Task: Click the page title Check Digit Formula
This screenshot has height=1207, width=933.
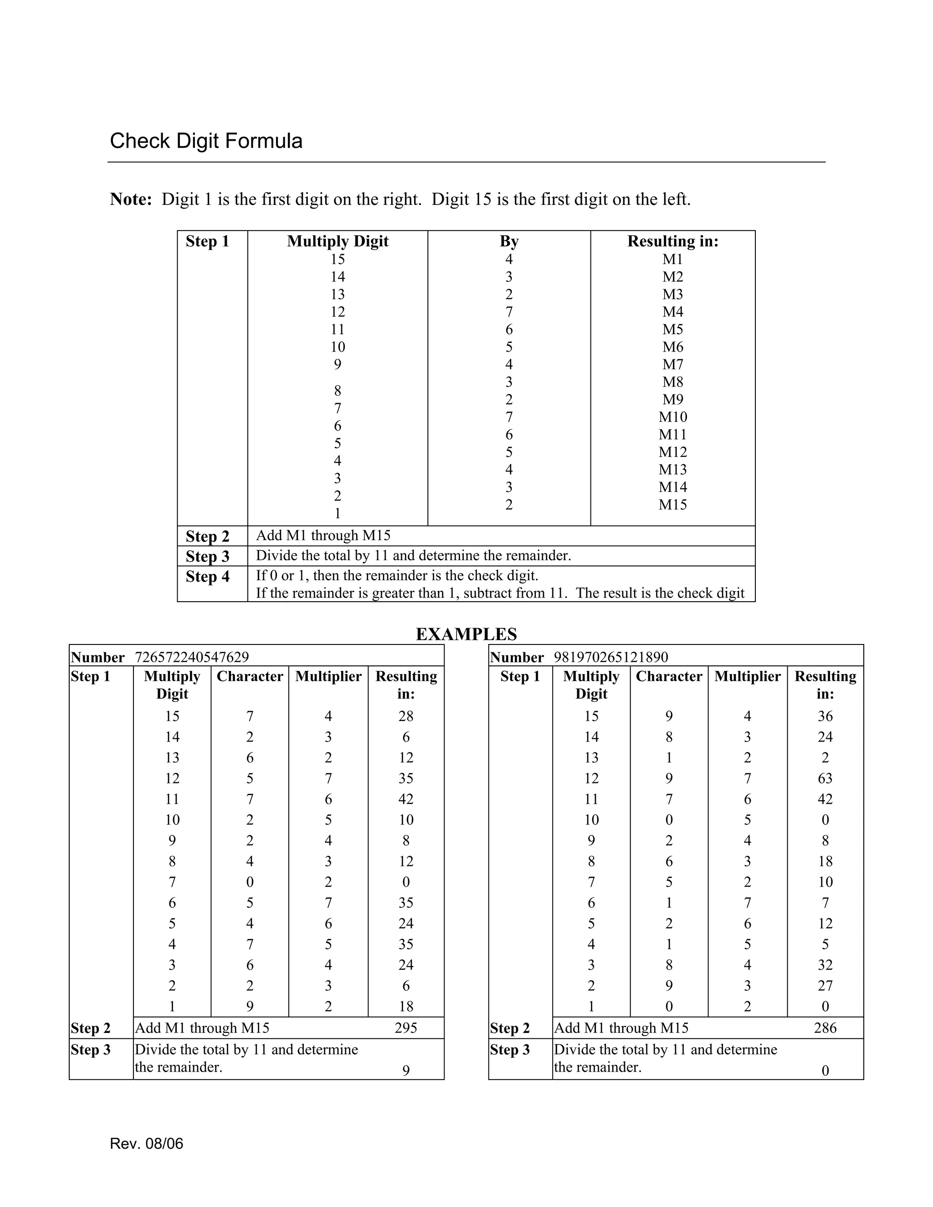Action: [x=206, y=141]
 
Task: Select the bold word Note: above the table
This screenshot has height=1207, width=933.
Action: [x=131, y=199]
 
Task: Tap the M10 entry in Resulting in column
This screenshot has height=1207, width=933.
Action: [x=673, y=417]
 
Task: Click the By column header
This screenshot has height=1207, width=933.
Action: [x=508, y=241]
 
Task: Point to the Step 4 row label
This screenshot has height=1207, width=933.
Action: [x=207, y=577]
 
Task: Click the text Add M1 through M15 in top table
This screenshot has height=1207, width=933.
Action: [x=323, y=536]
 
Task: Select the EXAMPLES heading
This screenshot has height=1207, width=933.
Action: [x=466, y=634]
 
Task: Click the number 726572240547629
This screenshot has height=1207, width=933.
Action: [x=192, y=657]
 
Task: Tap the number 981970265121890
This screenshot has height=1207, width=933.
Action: [x=611, y=657]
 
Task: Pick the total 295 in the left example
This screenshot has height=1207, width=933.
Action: [x=406, y=1028]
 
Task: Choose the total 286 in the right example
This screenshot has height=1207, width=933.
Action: [x=825, y=1028]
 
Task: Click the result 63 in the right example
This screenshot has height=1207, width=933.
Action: [x=825, y=778]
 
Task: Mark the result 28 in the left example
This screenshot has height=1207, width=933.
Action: [x=406, y=716]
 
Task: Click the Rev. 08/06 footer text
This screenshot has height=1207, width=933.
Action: [x=147, y=1143]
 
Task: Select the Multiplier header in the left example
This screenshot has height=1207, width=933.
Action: [x=328, y=676]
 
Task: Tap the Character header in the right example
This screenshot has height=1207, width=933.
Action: [x=669, y=676]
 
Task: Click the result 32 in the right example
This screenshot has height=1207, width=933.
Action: [x=825, y=965]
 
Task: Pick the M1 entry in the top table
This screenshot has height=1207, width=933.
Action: [x=673, y=259]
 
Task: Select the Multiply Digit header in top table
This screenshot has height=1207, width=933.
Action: [x=338, y=241]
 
